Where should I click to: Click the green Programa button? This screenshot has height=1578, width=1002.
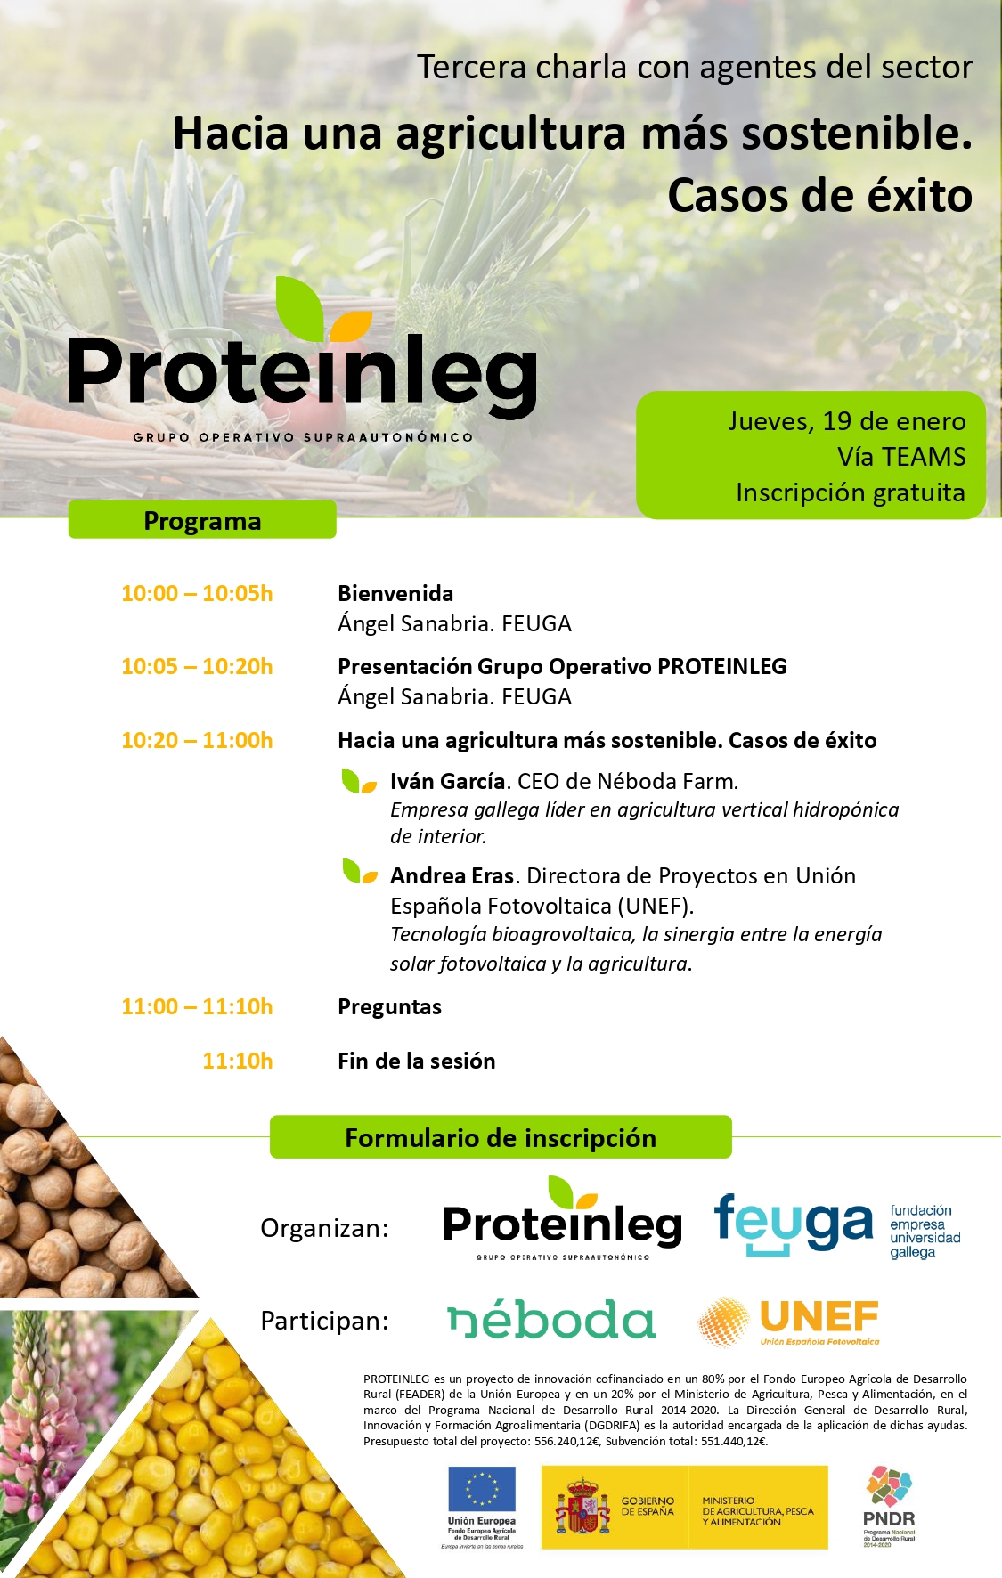click(x=202, y=520)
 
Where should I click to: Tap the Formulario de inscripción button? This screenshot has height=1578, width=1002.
click(x=501, y=1137)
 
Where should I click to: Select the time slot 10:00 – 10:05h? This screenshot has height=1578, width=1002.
click(x=197, y=593)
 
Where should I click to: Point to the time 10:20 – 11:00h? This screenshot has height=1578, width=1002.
click(x=197, y=740)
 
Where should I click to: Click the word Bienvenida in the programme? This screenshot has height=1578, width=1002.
click(x=395, y=593)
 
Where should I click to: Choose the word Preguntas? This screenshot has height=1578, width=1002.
click(x=389, y=1007)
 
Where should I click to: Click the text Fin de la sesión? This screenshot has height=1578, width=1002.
click(x=416, y=1061)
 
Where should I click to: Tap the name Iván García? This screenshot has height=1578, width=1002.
click(x=448, y=781)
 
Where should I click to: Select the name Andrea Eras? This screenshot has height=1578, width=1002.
click(x=452, y=875)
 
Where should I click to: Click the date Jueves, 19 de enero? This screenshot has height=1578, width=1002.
click(x=846, y=421)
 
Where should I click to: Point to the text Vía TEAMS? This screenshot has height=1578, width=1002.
click(x=901, y=457)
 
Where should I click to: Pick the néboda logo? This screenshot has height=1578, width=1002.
click(x=551, y=1320)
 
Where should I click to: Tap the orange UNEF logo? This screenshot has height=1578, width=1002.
click(x=789, y=1322)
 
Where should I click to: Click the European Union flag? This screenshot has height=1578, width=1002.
click(x=482, y=1489)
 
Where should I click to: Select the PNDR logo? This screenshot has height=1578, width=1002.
click(x=889, y=1507)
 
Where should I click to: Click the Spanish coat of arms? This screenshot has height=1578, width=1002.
click(x=582, y=1508)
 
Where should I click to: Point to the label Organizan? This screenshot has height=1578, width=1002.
click(x=324, y=1229)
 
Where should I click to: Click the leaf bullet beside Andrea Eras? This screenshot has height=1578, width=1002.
click(x=360, y=871)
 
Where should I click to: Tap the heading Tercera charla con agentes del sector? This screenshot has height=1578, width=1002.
click(x=695, y=68)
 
